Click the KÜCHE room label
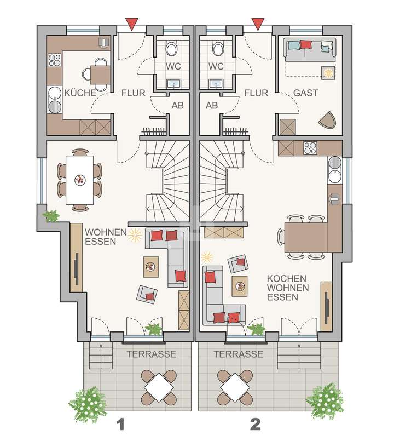80,93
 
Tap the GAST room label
305,93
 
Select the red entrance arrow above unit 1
131,24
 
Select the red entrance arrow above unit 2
257,24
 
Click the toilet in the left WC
172,50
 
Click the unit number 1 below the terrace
121,423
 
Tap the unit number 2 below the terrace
254,423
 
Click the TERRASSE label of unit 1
152,354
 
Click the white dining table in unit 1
79,180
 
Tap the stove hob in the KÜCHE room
55,59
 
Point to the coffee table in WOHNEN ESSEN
150,268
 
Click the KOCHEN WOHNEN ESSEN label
287,288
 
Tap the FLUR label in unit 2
256,93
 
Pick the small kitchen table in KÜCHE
100,73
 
